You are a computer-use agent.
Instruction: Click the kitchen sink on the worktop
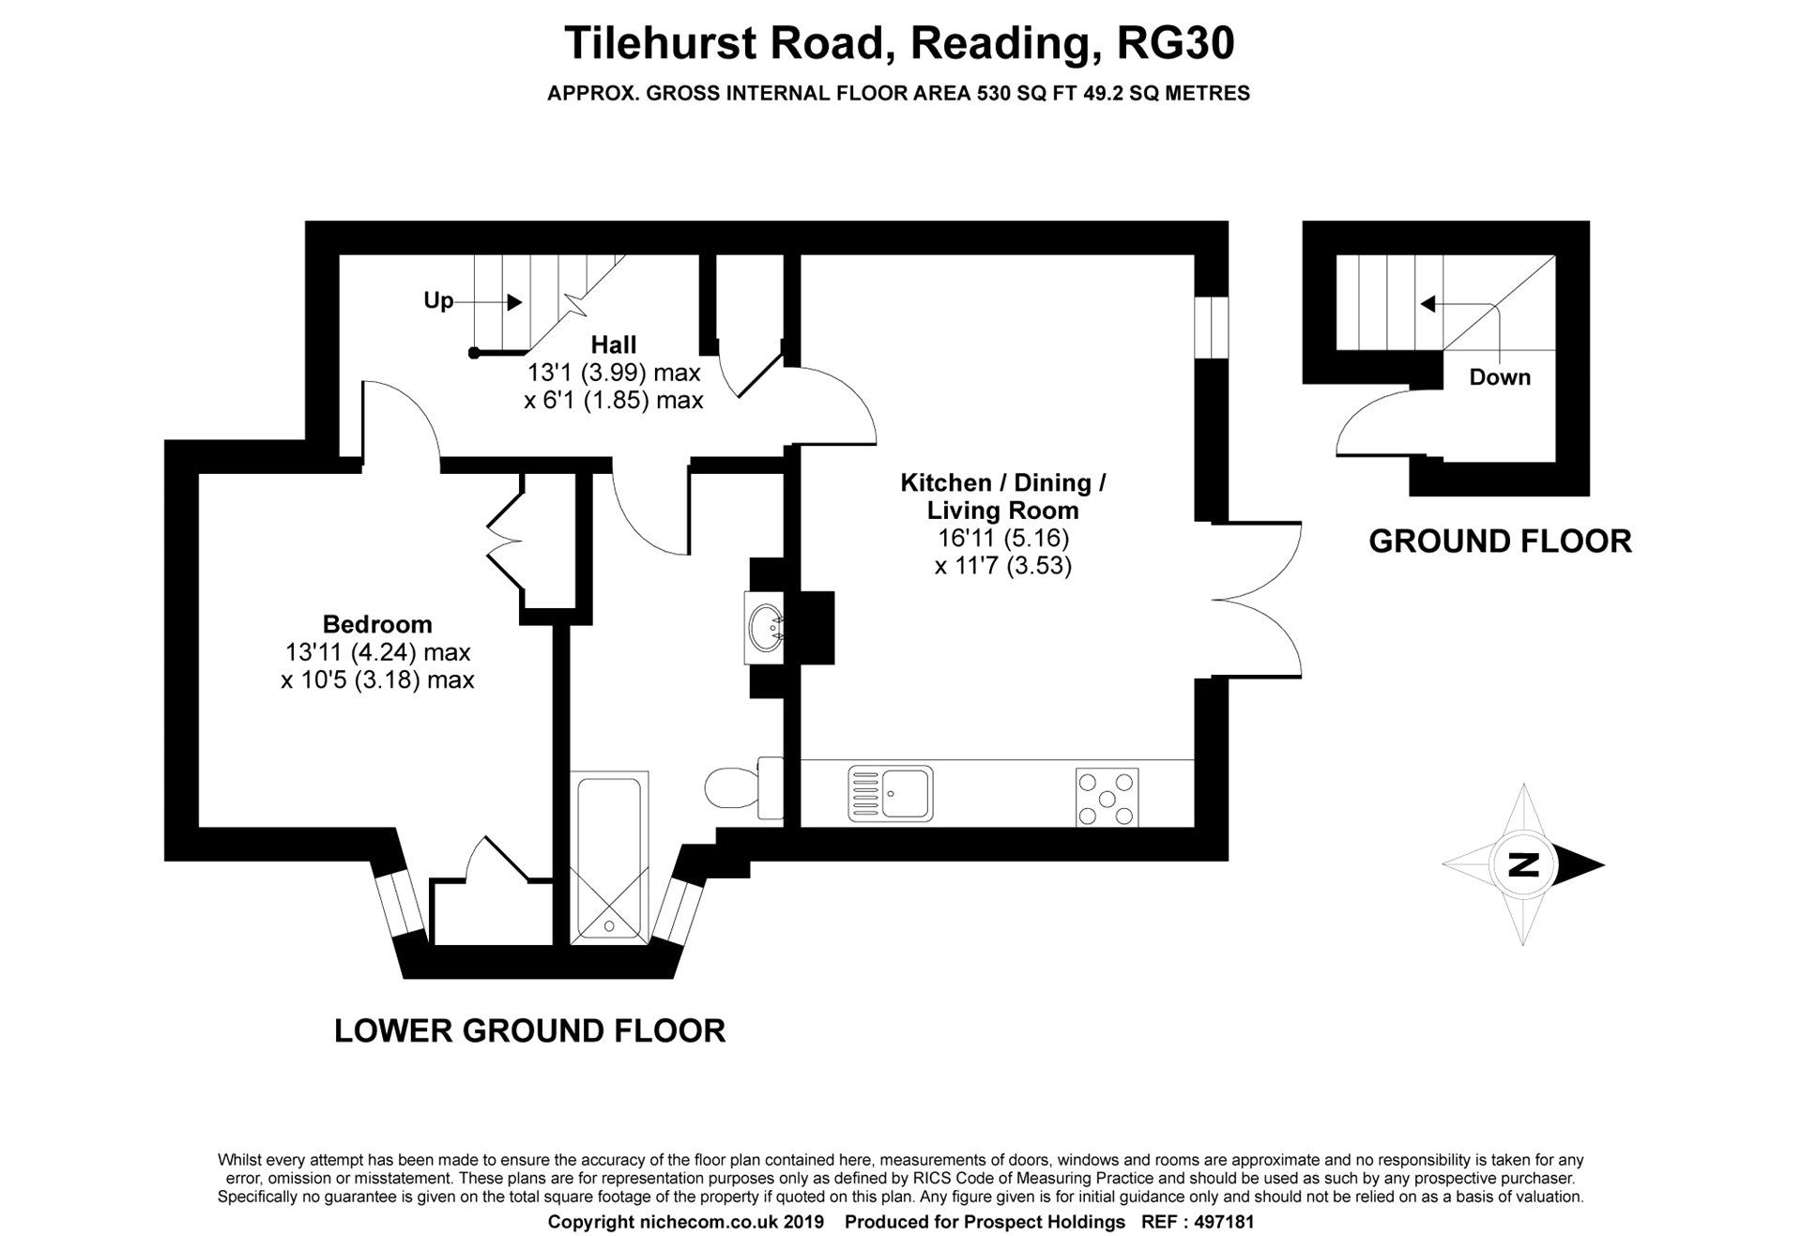tap(889, 794)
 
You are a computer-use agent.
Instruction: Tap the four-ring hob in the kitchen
tap(1107, 798)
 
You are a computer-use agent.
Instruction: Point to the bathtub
tap(610, 856)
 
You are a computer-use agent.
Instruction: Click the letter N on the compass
tap(1522, 864)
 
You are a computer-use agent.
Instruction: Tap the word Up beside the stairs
tap(438, 301)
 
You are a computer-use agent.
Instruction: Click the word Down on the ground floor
tap(1499, 377)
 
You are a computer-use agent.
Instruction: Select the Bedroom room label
tap(377, 624)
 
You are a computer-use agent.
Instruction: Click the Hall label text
tap(613, 344)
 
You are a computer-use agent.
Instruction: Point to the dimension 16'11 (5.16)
tap(1003, 539)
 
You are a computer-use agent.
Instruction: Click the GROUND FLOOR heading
tap(1500, 542)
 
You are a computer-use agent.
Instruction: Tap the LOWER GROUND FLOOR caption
tap(529, 1030)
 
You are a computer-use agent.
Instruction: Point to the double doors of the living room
tap(1258, 599)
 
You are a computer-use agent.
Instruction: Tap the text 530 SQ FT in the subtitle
tap(1022, 94)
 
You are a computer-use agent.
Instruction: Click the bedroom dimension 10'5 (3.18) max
tap(377, 679)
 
